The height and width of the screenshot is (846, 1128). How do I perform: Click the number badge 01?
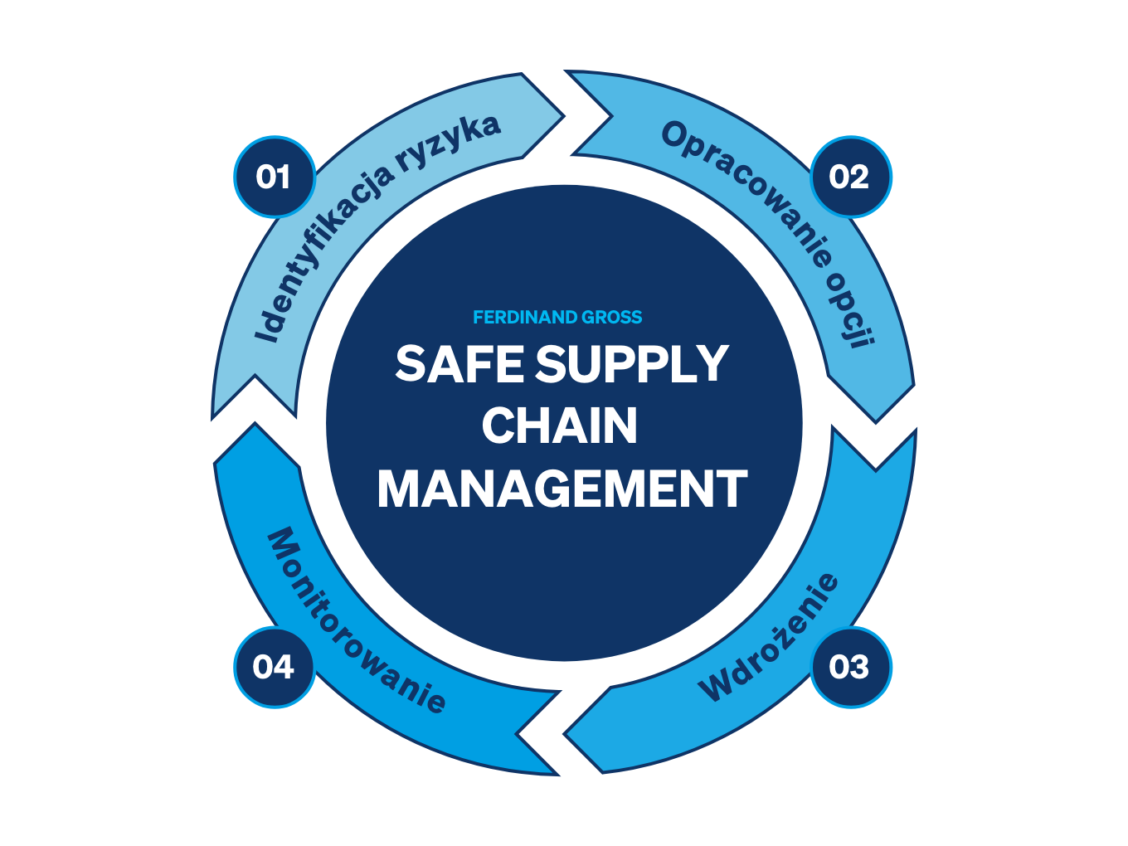tap(275, 177)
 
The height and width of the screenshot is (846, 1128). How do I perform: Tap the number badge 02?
tap(850, 177)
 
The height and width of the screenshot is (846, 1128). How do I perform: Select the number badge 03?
tap(850, 667)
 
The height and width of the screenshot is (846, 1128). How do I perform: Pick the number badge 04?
tap(275, 667)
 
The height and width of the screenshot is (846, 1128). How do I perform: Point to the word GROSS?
tap(611, 318)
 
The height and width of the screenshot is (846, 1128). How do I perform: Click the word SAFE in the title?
tap(459, 363)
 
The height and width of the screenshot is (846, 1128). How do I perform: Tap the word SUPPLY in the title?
tap(631, 363)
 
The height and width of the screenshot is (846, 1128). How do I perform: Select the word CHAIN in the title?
tap(559, 425)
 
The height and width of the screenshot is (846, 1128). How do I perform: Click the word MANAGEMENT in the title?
tap(562, 488)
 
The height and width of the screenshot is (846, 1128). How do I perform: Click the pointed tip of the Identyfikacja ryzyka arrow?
tap(564, 116)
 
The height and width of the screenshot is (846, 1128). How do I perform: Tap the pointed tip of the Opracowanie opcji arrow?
tap(876, 423)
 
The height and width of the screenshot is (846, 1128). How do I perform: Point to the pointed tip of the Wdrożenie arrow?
tap(564, 734)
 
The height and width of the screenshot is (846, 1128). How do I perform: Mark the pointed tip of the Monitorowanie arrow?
tap(255, 423)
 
